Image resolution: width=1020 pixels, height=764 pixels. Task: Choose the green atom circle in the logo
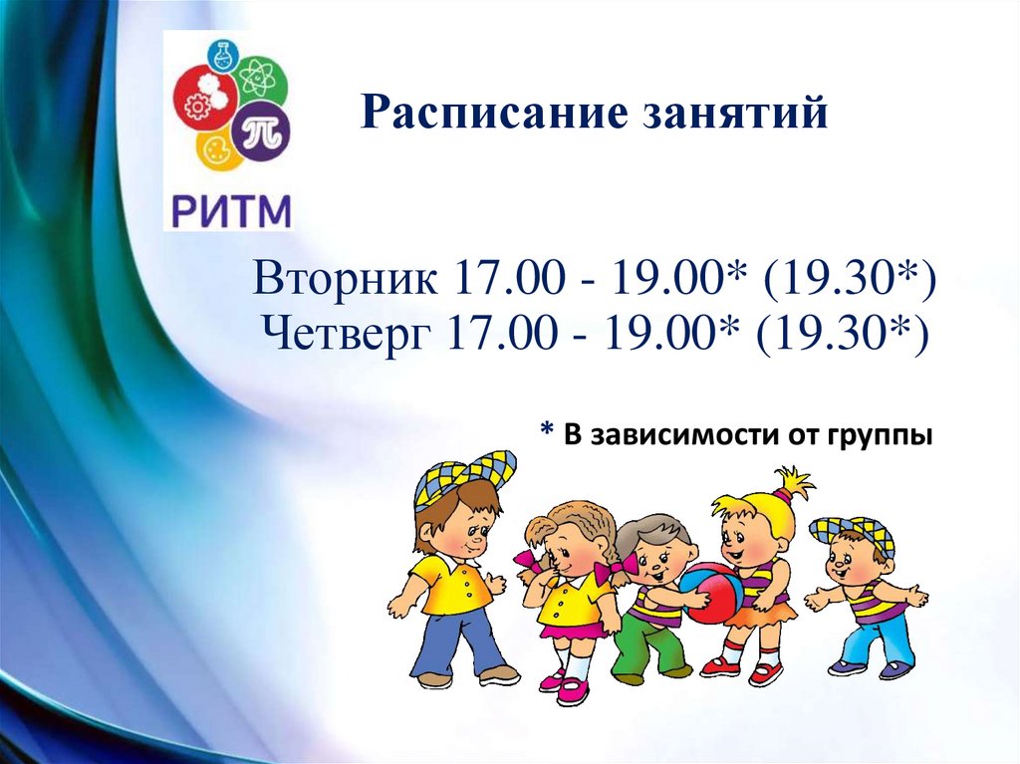click(x=258, y=79)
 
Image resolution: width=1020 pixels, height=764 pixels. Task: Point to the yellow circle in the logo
click(x=217, y=152)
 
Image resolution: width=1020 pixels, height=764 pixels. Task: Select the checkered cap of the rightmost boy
click(x=852, y=531)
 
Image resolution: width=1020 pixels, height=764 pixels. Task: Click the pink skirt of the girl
click(x=573, y=628)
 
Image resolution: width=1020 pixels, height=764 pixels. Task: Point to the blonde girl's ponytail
click(x=793, y=483)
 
